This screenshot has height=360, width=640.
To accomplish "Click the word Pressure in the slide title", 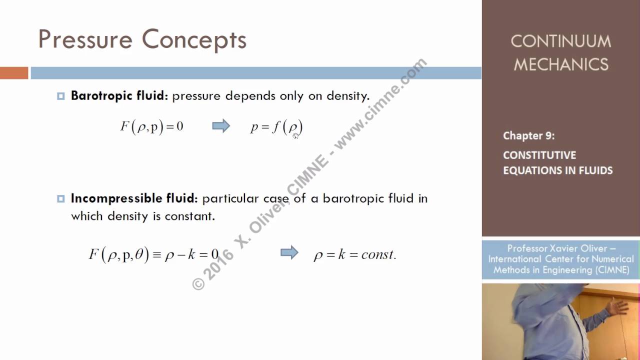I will tap(85, 39).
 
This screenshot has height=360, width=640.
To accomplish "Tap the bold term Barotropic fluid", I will tap(119, 95).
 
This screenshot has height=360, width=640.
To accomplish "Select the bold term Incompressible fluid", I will tap(134, 198).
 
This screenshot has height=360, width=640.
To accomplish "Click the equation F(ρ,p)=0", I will tap(151, 126).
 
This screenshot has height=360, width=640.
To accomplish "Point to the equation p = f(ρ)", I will tap(276, 127).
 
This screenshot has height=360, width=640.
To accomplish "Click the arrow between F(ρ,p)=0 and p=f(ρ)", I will tap(221, 126).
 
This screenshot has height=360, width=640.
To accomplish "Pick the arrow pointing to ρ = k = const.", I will tap(289, 253).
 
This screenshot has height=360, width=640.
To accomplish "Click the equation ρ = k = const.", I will tap(354, 254).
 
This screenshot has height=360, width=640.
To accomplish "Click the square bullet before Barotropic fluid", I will tap(61, 96).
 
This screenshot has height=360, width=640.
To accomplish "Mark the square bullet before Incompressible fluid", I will tap(61, 198).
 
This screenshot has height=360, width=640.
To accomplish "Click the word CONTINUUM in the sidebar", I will tap(560, 41).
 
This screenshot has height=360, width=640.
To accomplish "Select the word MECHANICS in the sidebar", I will tap(560, 64).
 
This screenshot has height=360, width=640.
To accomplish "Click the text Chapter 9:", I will tap(528, 135).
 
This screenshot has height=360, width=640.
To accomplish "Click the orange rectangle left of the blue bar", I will tap(14, 73).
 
